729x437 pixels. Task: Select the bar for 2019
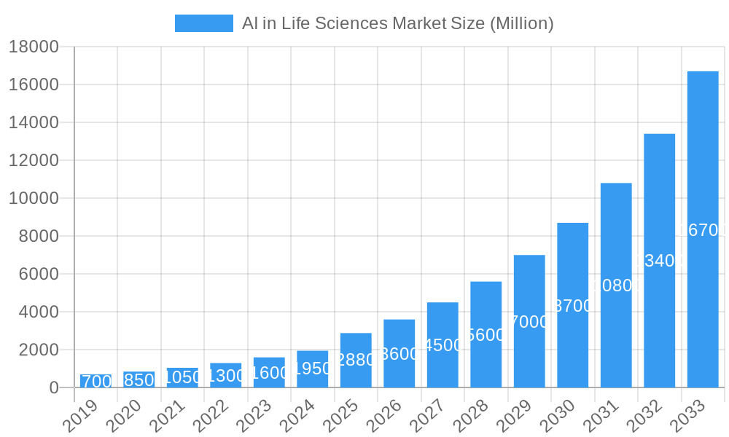point(95,381)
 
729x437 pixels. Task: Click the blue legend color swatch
point(203,23)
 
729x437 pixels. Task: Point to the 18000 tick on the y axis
point(34,47)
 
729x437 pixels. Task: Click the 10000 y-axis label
point(34,198)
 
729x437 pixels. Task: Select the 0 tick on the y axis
point(53,387)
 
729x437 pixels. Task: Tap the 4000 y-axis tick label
point(38,312)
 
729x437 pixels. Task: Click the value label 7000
point(529,322)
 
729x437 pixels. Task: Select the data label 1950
point(312,369)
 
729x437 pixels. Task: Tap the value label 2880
point(356,359)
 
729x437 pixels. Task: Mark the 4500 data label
point(443,345)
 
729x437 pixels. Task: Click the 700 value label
point(96,382)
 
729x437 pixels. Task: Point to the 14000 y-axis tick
point(34,122)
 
